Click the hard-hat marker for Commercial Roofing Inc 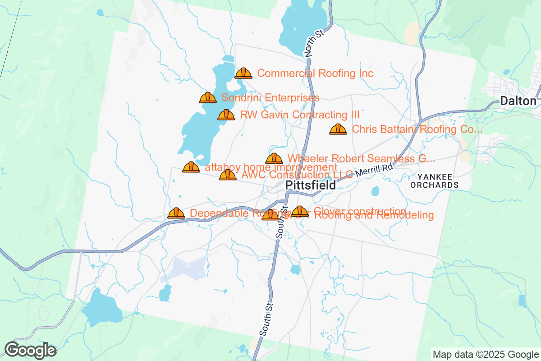click(x=243, y=73)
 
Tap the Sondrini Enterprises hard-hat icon click(x=208, y=97)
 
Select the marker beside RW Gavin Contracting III click(x=226, y=115)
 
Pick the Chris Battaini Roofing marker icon click(x=338, y=130)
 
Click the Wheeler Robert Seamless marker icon click(x=274, y=158)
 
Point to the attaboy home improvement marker click(x=191, y=167)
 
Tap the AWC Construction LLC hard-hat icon click(x=228, y=175)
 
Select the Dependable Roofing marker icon click(x=176, y=213)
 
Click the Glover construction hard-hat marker click(x=300, y=211)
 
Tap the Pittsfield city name click(x=311, y=185)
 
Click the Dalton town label click(x=518, y=101)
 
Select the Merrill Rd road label click(x=374, y=170)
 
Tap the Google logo click(x=31, y=350)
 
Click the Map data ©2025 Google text click(x=486, y=354)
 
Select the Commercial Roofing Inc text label click(x=315, y=73)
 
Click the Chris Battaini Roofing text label click(x=417, y=130)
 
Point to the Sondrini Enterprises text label click(x=270, y=97)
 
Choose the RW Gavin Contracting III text click(x=300, y=115)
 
